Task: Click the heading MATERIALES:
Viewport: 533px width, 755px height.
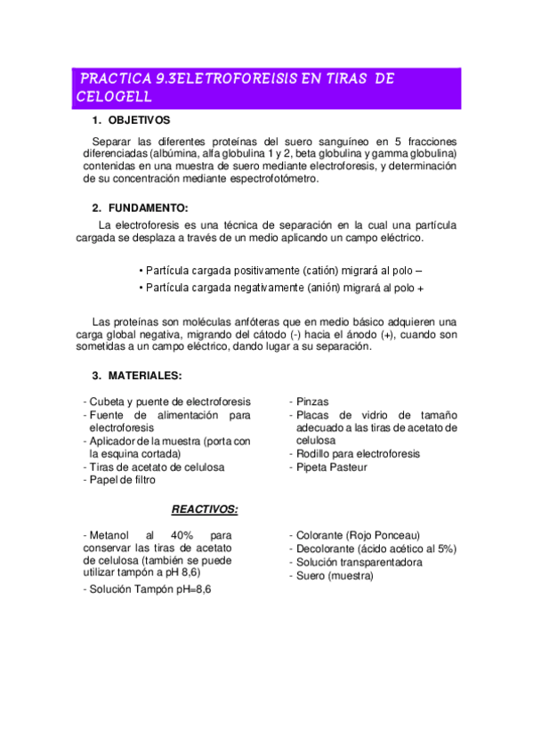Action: point(144,375)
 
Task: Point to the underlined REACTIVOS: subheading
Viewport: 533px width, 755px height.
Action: point(204,509)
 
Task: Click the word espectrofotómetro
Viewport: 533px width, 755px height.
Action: point(269,178)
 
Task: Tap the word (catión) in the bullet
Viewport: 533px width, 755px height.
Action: point(326,270)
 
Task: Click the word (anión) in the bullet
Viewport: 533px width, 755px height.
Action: point(331,288)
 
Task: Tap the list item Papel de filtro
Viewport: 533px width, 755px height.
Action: point(122,480)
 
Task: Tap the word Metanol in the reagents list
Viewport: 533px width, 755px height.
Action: point(108,535)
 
